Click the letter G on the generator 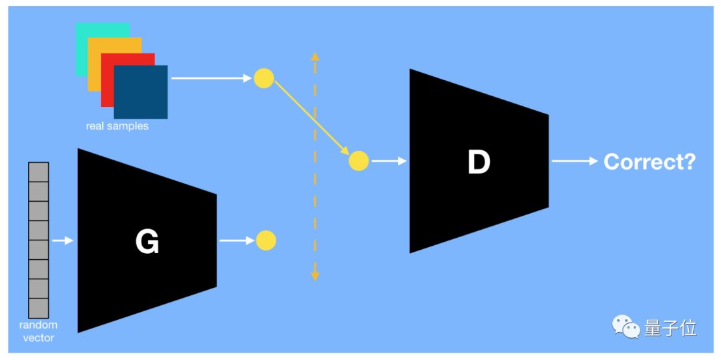click(147, 241)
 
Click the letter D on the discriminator click(479, 162)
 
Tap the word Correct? click(649, 161)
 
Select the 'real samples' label click(117, 126)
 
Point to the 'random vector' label click(38, 331)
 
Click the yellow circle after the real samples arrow click(264, 78)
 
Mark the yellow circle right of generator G click(266, 240)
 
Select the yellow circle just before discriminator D click(359, 161)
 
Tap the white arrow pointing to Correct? click(574, 161)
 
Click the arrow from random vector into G click(62, 240)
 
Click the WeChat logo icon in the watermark click(626, 327)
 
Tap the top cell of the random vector click(39, 172)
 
